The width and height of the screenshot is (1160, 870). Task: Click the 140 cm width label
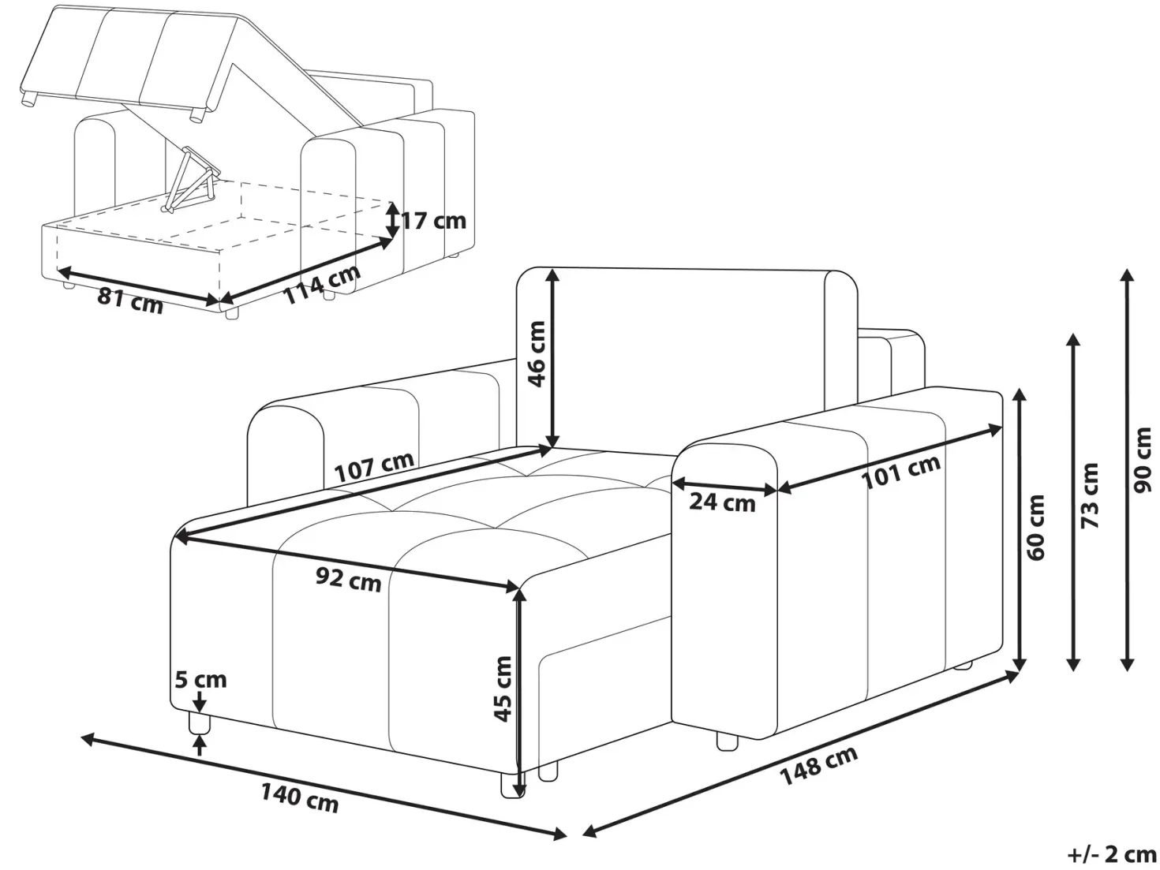[300, 799]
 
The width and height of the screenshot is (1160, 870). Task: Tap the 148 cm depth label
[818, 765]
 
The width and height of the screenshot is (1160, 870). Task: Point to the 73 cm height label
[1089, 495]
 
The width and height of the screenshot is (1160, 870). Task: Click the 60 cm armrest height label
[1036, 527]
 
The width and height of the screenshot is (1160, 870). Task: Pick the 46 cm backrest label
[537, 354]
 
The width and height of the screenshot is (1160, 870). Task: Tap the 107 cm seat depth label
[374, 466]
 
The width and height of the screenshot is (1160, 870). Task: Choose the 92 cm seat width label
[349, 579]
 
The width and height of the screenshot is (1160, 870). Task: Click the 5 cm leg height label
[200, 679]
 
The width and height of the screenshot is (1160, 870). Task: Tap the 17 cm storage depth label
[434, 220]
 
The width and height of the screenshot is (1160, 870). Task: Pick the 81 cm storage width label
[130, 301]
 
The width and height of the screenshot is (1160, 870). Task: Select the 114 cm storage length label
[323, 284]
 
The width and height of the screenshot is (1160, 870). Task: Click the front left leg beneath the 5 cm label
[199, 723]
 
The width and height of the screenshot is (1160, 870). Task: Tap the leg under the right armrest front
[727, 741]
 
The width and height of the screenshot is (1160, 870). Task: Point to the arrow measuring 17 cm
[391, 220]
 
